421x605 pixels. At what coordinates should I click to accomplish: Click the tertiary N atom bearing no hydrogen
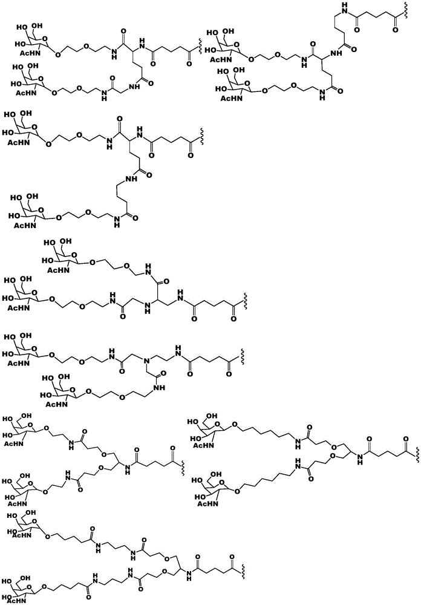coord(146,361)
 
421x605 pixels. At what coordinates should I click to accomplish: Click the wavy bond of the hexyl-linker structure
coord(417,455)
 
